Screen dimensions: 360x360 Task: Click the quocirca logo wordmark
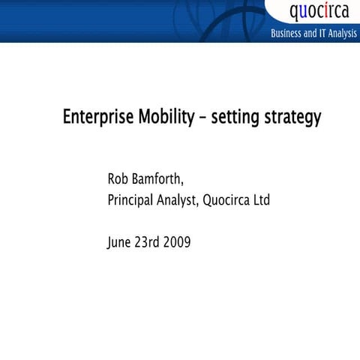point(319,13)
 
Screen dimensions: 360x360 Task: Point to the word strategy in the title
point(291,118)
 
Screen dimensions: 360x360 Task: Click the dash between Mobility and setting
point(202,118)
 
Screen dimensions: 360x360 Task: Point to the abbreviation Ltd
point(261,200)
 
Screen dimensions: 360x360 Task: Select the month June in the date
point(121,242)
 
